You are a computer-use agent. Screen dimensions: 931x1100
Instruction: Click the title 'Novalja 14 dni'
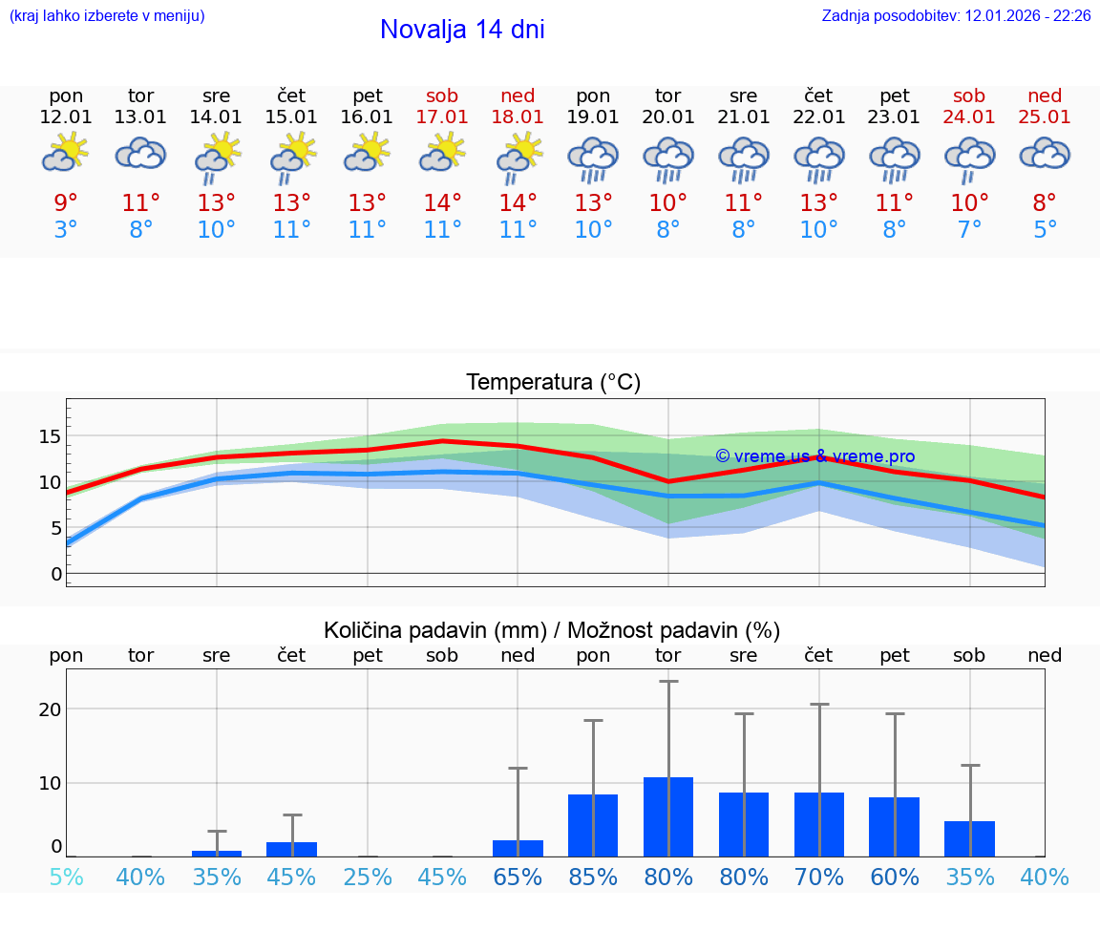click(x=462, y=30)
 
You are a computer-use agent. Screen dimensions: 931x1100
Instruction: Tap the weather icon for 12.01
click(x=66, y=153)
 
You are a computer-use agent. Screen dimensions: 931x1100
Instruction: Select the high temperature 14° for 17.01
click(x=442, y=203)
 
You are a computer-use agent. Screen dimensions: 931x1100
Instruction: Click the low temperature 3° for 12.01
click(x=66, y=230)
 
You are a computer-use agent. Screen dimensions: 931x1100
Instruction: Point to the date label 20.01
click(x=667, y=116)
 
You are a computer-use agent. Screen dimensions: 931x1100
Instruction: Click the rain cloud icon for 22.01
click(x=818, y=159)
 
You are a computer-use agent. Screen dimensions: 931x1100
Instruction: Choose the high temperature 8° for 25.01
click(x=1045, y=203)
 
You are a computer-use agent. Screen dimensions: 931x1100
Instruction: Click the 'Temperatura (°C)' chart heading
click(x=553, y=383)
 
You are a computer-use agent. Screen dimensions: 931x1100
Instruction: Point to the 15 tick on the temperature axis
click(x=50, y=436)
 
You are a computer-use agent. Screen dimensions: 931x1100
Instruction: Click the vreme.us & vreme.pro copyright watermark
click(x=814, y=456)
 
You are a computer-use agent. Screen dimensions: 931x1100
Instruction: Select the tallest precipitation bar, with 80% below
click(x=668, y=816)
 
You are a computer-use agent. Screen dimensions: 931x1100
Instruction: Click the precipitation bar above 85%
click(x=593, y=825)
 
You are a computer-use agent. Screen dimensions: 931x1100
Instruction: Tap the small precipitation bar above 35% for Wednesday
click(x=217, y=853)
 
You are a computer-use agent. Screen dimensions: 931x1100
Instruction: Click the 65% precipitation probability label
click(x=518, y=878)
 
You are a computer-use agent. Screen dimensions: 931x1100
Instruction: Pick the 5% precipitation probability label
click(x=66, y=878)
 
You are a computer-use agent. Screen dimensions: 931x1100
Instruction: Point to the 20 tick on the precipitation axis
click(x=50, y=709)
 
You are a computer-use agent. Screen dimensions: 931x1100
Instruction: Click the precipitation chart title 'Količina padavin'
click(x=552, y=630)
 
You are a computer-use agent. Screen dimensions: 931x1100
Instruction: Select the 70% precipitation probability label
click(x=818, y=878)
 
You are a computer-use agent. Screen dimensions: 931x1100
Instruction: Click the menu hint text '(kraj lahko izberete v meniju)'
click(x=107, y=16)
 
